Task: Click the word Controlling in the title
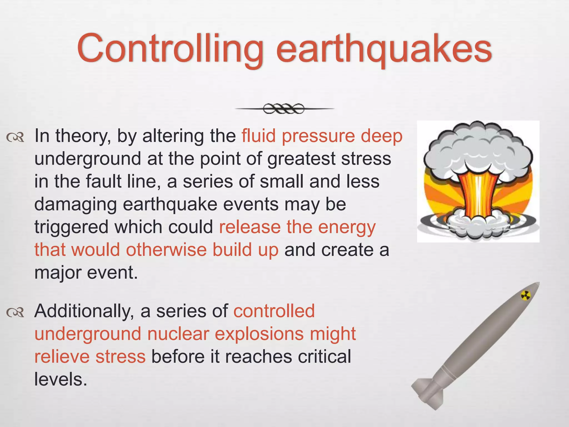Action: [169, 49]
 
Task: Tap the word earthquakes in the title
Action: [383, 50]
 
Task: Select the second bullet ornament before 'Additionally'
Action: [15, 313]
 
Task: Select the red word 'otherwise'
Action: [166, 250]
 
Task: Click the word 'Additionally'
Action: [82, 311]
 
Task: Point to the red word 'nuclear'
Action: [178, 334]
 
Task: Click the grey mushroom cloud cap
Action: [478, 150]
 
